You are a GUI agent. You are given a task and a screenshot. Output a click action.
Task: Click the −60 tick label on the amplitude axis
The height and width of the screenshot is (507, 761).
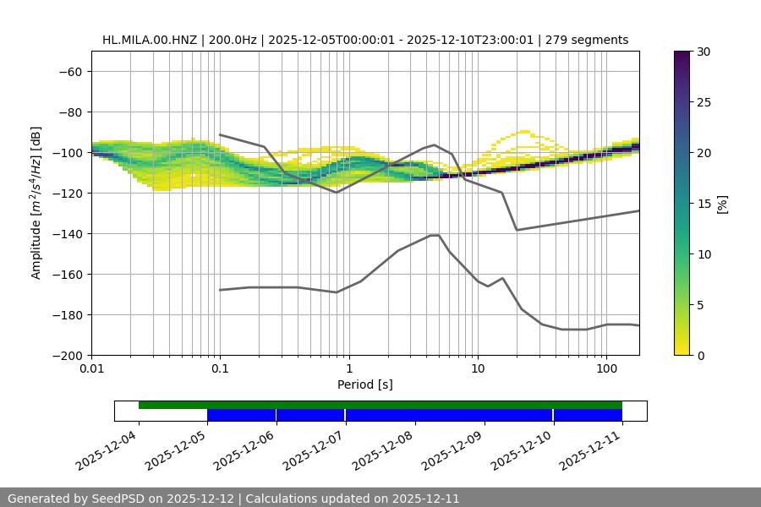click(x=69, y=71)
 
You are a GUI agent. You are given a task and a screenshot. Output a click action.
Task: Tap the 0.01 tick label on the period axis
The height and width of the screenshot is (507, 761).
click(x=91, y=369)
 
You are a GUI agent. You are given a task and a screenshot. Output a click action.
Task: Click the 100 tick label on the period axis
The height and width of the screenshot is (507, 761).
click(x=606, y=369)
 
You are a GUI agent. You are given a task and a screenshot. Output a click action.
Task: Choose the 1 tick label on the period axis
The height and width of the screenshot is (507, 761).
click(x=349, y=369)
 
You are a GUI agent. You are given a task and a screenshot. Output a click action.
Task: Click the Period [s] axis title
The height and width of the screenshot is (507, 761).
click(x=364, y=384)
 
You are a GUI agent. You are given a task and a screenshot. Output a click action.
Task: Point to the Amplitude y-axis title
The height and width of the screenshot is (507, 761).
click(x=36, y=203)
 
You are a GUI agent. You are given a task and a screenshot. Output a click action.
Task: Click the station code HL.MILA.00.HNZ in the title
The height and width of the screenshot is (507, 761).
click(x=151, y=40)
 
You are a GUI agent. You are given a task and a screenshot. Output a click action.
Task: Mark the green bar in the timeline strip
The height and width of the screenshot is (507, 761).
click(x=380, y=405)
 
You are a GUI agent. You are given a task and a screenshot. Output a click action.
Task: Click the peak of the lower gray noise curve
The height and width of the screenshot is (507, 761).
click(x=435, y=235)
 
